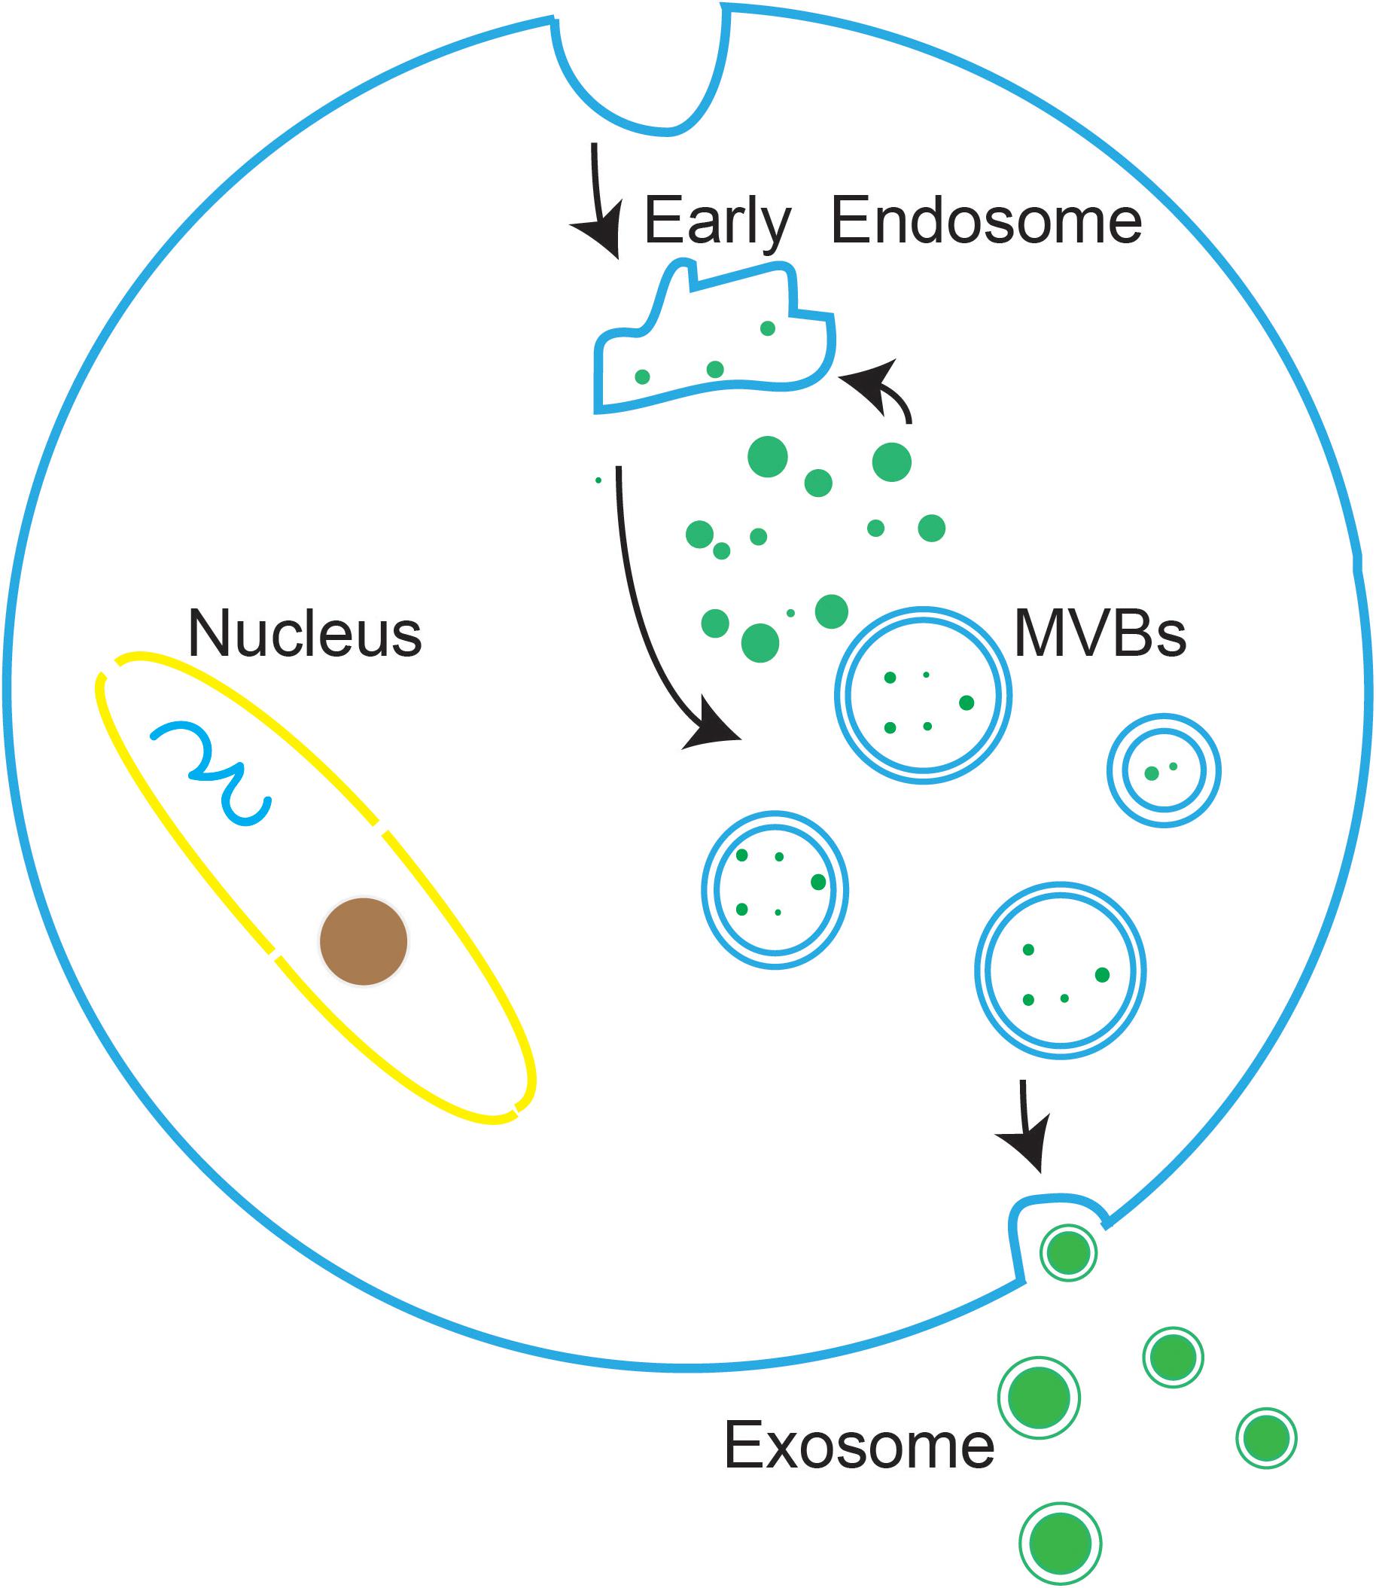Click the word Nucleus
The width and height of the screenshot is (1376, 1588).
click(305, 634)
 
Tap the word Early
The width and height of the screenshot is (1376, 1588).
click(717, 221)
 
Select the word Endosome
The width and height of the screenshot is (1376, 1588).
click(986, 221)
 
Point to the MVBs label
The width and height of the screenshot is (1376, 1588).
click(1100, 634)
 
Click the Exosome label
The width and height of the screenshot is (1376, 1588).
click(858, 1445)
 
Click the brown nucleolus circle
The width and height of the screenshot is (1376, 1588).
click(364, 940)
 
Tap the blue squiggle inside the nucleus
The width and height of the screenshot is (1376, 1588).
click(212, 770)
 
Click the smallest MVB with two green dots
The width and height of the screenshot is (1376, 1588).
click(1163, 770)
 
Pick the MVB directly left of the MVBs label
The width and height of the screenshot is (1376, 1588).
click(922, 695)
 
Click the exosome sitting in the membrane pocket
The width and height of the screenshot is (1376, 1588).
click(1068, 1252)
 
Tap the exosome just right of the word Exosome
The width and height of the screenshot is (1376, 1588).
click(1038, 1397)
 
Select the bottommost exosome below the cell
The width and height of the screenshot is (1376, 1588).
click(1060, 1544)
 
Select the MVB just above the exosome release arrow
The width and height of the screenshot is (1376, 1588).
click(1060, 970)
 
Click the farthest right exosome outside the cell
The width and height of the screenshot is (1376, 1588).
click(1266, 1437)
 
